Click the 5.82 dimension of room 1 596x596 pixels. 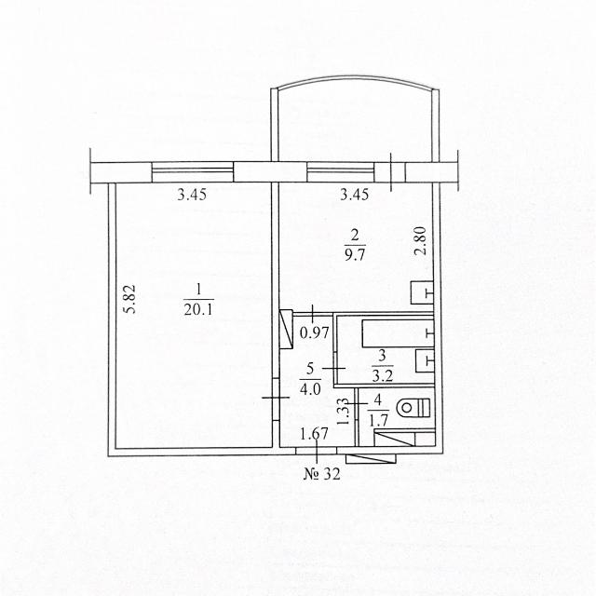(130, 298)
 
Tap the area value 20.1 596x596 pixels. (198, 310)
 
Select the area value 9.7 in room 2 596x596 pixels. (354, 254)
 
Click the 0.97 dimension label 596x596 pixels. (315, 333)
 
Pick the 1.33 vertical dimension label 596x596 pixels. (344, 412)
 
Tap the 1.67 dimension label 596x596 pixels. (314, 434)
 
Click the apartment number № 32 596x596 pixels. (321, 474)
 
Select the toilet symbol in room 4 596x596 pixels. (413, 408)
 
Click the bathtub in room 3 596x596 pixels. (398, 333)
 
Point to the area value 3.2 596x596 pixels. (383, 375)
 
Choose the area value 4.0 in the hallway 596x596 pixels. (310, 389)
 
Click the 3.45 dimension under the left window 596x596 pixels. (192, 195)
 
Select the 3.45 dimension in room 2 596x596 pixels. (354, 195)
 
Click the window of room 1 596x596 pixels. (193, 171)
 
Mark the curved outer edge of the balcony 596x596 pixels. (356, 79)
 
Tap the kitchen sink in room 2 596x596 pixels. (422, 292)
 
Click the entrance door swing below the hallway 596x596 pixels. (371, 459)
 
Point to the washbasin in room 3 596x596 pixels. (425, 360)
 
